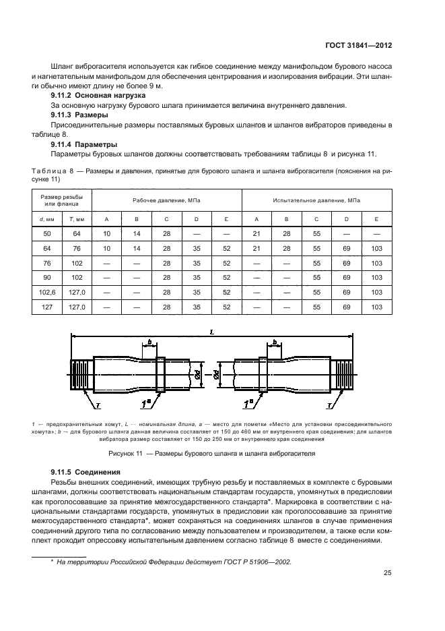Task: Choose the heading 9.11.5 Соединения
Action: point(85,472)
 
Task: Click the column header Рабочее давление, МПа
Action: point(166,200)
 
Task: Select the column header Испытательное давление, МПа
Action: point(316,200)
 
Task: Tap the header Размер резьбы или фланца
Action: point(62,200)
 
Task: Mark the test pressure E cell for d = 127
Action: point(376,307)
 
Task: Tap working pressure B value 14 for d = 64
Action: point(137,247)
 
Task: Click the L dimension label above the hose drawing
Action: point(212,331)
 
